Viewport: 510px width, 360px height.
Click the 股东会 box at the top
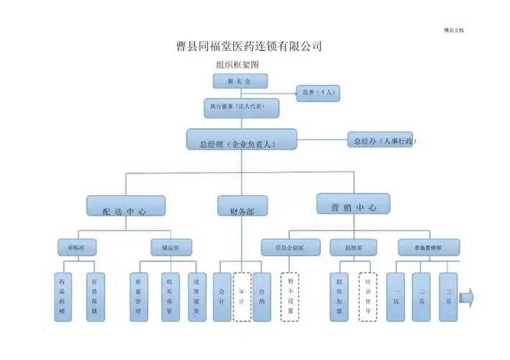(240, 82)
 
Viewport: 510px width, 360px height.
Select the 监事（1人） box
(317, 93)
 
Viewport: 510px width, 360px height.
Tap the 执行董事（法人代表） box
(242, 107)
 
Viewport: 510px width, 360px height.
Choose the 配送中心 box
(126, 206)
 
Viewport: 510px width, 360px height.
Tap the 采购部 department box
(77, 247)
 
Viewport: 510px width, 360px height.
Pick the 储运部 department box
(170, 247)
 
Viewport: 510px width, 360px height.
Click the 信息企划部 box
(291, 247)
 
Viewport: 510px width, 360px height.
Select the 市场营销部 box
(429, 247)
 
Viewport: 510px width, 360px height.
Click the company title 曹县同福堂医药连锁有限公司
(249, 46)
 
